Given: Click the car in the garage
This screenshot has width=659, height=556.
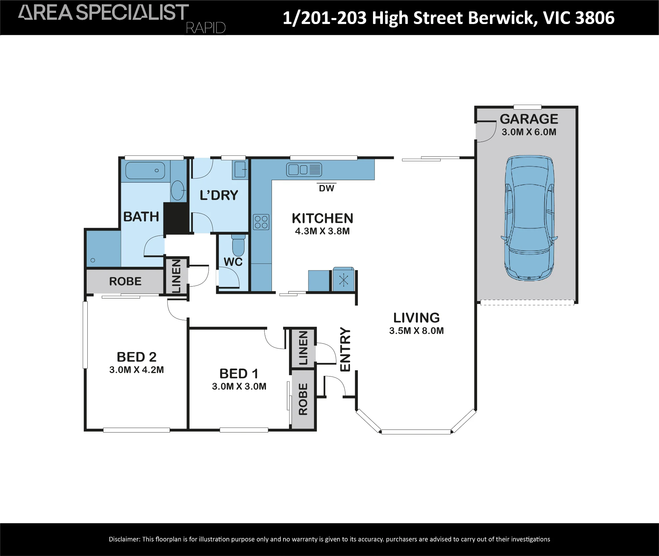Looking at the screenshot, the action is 529,218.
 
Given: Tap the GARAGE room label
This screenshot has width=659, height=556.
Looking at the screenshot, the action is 529,119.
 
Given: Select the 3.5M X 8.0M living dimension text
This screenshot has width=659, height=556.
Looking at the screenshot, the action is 416,331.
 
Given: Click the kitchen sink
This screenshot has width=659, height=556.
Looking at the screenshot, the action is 304,170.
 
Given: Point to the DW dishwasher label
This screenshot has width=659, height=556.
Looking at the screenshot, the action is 327,188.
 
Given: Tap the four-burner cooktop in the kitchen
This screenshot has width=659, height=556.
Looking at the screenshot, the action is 261,222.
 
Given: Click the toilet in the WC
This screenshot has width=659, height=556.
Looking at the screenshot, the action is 238,245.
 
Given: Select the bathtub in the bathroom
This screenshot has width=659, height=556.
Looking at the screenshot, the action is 145,170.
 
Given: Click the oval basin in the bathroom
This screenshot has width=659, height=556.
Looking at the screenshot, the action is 178,190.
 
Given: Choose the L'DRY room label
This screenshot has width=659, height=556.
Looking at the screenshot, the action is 219,195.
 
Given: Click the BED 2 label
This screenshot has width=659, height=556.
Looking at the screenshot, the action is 136,357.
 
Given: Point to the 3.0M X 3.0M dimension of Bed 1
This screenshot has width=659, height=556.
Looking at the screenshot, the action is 239,386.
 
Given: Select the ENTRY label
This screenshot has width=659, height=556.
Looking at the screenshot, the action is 345,349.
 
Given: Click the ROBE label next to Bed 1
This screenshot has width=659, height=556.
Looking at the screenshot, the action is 303,399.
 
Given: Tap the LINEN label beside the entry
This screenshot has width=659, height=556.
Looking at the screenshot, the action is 303,348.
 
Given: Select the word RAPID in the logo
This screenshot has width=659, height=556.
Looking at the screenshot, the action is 206,28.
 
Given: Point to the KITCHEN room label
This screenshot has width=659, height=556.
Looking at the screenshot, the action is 323,219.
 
